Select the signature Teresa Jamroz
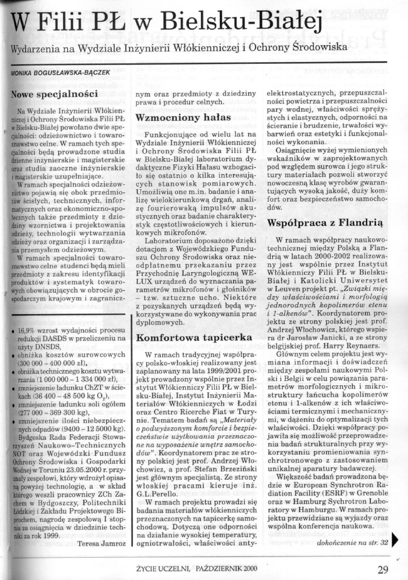(x=102, y=544)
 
